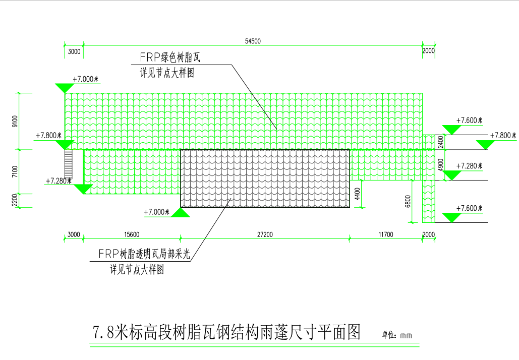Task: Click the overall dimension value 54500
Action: coord(253,42)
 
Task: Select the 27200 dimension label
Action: coord(265,235)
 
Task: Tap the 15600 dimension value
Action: coord(132,235)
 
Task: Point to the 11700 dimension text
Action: coord(385,235)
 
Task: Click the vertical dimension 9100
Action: coord(15,122)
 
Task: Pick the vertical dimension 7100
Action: coord(15,171)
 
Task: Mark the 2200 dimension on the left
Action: coord(15,201)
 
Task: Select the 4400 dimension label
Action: coord(357,194)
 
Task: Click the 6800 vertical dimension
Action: coord(408,202)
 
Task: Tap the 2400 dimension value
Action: coord(440,142)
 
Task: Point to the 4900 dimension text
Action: coord(440,165)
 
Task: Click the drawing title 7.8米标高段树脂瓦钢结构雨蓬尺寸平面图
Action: coord(226,332)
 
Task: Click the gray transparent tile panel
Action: coord(265,178)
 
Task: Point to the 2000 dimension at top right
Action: coord(428,51)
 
